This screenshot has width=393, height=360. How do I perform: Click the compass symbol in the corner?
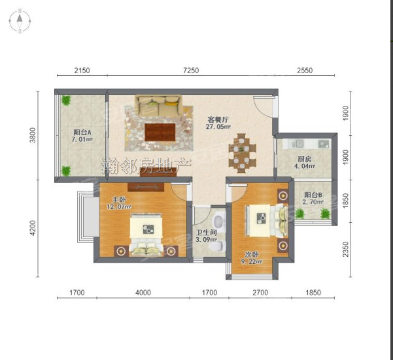20,21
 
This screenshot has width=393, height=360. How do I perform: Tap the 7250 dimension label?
191,71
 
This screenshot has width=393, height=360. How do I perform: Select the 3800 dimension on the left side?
33,135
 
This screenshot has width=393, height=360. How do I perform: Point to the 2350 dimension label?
346,249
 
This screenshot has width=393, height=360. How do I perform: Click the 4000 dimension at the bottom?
143,293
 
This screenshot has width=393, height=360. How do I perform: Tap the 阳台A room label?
82,132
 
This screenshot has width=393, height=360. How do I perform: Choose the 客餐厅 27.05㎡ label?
218,123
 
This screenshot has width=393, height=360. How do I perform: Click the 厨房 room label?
305,159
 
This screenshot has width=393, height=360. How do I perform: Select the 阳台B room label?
313,195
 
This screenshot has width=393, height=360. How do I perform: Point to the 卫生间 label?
206,233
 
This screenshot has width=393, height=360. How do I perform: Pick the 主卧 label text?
119,199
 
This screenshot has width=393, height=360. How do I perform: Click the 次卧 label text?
252,255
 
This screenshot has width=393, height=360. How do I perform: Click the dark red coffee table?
160,132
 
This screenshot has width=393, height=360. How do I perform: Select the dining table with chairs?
242,154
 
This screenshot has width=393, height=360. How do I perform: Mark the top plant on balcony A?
66,100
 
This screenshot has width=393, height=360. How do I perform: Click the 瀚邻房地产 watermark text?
146,166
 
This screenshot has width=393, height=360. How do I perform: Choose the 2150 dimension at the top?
82,71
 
